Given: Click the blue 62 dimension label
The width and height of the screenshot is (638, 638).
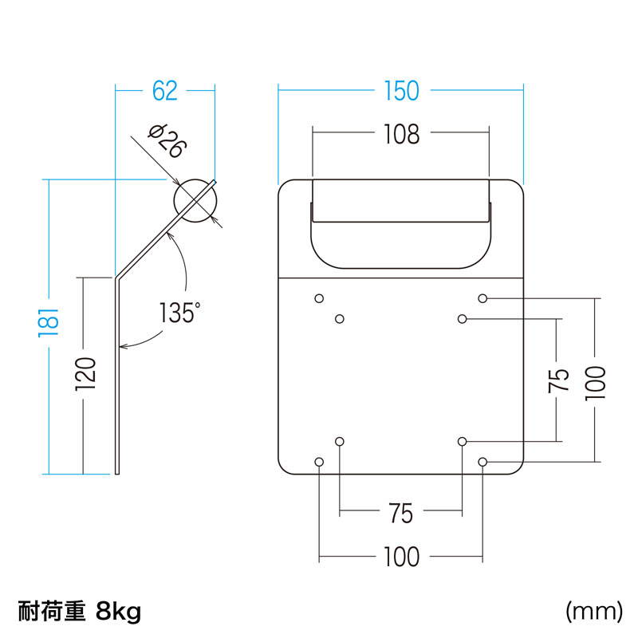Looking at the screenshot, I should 164,92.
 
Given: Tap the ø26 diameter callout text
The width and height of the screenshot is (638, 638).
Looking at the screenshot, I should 167,141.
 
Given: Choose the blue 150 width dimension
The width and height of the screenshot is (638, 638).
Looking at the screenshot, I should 400,92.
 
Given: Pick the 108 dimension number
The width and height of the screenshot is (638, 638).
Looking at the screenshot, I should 400,135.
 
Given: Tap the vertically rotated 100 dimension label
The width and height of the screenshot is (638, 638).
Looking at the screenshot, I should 595,381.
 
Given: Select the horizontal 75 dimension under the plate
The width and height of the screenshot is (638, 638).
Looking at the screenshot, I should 400,514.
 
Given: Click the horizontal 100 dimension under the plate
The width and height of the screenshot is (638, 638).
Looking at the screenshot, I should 400,557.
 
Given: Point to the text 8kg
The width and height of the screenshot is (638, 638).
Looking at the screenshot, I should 117,612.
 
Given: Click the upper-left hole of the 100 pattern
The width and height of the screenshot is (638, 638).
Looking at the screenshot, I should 319,298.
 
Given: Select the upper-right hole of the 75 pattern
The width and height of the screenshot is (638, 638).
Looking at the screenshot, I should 463,319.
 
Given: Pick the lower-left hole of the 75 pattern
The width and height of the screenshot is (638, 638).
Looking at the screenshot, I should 340,441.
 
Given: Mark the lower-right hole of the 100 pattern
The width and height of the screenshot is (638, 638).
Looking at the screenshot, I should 482,462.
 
